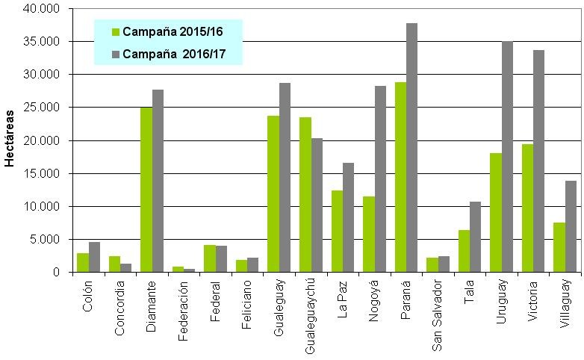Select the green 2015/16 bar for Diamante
[146, 190]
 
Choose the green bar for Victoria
[527, 208]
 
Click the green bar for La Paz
[337, 232]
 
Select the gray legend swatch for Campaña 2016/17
[116, 54]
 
